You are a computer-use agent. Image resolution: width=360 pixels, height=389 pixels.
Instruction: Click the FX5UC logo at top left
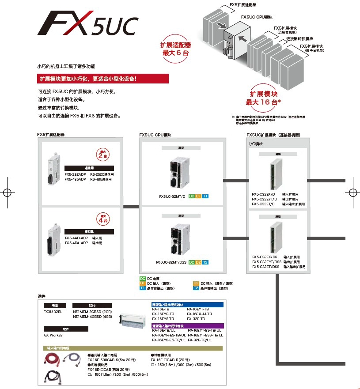tap(88, 26)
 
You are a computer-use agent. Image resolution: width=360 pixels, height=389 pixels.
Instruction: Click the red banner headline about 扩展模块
tap(103, 79)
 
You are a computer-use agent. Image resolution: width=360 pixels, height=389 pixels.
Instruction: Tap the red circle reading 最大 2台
tap(102, 155)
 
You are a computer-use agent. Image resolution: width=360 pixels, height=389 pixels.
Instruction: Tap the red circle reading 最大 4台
tap(102, 218)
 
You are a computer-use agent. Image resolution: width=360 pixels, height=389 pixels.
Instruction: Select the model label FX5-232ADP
tap(75, 174)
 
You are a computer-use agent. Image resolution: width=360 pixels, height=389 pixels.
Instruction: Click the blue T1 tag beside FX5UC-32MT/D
tap(205, 196)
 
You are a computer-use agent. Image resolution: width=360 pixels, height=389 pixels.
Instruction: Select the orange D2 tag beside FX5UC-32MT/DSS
tap(198, 262)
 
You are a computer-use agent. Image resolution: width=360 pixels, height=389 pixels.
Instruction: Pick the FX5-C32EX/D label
tap(263, 194)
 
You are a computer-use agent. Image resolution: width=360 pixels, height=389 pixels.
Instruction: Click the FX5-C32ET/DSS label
tap(266, 267)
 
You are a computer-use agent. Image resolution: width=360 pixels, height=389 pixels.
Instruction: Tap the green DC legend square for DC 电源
tap(143, 279)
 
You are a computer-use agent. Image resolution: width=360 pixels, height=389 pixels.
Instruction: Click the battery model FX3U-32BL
tap(53, 311)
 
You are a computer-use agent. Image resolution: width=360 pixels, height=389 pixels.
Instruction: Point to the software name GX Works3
tap(53, 335)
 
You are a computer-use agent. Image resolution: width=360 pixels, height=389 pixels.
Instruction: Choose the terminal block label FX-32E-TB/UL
tap(200, 340)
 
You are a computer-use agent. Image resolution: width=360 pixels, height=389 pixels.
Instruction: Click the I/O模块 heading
tap(256, 144)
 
